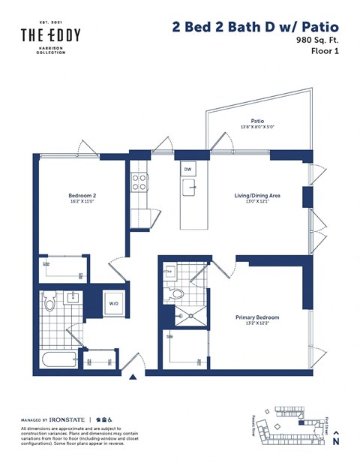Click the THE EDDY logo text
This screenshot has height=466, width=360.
click(x=50, y=35)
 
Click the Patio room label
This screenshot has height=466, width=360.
click(x=256, y=120)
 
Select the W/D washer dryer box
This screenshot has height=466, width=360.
click(x=114, y=304)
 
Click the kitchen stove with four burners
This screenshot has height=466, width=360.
click(x=139, y=182)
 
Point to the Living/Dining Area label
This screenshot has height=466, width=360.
click(x=256, y=196)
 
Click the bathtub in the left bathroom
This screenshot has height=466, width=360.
click(x=58, y=359)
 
